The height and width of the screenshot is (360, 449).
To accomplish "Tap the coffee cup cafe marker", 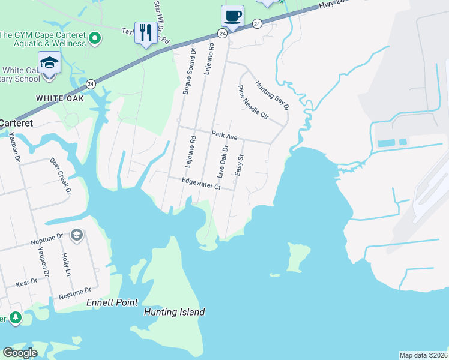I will tap(232, 16).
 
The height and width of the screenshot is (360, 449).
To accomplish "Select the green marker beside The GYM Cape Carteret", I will tap(94, 40).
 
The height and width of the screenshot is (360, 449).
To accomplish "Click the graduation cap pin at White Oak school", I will tap(49, 63).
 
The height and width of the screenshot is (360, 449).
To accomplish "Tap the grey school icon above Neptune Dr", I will tap(76, 235).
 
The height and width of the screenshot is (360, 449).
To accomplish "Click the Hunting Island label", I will tap(175, 312).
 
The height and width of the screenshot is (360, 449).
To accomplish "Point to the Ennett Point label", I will tap(112, 302).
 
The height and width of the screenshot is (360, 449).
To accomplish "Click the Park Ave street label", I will tap(224, 137).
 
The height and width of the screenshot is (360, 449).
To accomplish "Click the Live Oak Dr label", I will tap(223, 160).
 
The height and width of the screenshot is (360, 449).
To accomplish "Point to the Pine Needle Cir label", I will tap(252, 103).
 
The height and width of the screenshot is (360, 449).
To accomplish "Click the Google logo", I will tap(20, 353).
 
